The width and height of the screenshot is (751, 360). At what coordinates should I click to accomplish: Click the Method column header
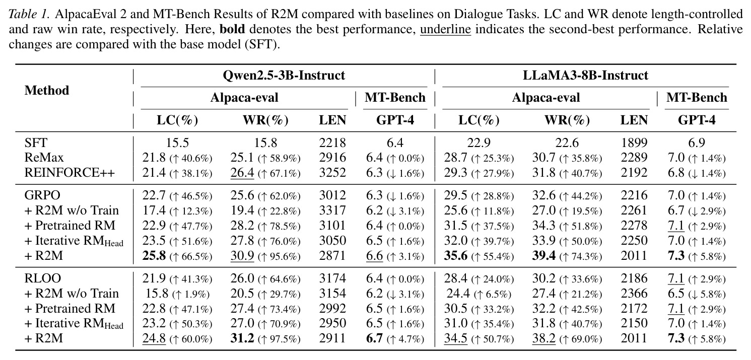click(47, 91)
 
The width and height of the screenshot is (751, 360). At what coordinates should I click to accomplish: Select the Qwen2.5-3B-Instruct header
click(284, 76)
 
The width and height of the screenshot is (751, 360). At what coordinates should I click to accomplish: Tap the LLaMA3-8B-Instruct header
click(585, 76)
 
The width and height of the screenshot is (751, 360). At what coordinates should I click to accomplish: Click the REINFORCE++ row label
click(70, 173)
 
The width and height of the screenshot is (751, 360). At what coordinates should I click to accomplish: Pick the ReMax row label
click(44, 158)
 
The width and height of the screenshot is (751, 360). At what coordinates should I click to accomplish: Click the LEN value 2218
click(332, 143)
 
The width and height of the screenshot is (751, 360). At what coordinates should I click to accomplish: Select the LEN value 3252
click(332, 173)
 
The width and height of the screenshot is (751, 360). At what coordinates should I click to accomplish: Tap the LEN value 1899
click(634, 143)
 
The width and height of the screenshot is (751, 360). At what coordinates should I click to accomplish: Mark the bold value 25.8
click(154, 256)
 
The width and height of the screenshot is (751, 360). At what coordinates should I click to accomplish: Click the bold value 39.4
click(544, 256)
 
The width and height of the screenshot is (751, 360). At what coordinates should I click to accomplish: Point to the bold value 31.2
click(242, 338)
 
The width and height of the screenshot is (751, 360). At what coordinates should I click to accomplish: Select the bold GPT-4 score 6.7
click(374, 338)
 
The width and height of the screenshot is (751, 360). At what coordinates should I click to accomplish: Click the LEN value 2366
click(634, 294)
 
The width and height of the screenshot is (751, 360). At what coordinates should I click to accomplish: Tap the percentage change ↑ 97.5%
click(279, 339)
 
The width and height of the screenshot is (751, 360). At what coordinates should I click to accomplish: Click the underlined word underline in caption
click(446, 30)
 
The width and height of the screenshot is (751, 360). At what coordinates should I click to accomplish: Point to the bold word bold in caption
click(232, 29)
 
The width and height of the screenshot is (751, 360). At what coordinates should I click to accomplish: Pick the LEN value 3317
click(332, 210)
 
